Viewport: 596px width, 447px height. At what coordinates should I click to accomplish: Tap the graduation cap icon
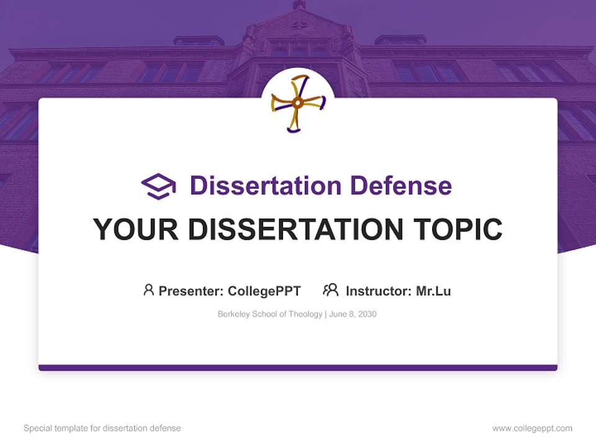pyautogui.click(x=158, y=186)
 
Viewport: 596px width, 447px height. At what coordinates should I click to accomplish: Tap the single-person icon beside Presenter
pyautogui.click(x=148, y=290)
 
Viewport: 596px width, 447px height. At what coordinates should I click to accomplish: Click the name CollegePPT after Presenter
pyautogui.click(x=264, y=291)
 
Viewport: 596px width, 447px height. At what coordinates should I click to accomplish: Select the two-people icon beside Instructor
pyautogui.click(x=331, y=290)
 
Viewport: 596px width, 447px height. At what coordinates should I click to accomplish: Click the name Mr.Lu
pyautogui.click(x=433, y=291)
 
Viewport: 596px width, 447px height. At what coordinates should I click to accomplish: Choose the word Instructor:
pyautogui.click(x=379, y=291)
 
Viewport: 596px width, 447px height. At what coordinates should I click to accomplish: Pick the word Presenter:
pyautogui.click(x=191, y=291)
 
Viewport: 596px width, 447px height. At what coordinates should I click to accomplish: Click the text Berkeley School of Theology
pyautogui.click(x=269, y=314)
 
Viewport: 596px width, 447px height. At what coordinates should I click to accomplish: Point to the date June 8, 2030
pyautogui.click(x=353, y=314)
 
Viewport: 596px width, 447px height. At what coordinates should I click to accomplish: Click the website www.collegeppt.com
pyautogui.click(x=532, y=428)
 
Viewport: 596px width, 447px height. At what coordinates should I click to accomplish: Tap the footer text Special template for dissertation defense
pyautogui.click(x=102, y=428)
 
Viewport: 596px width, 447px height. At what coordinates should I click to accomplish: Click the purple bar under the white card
pyautogui.click(x=298, y=368)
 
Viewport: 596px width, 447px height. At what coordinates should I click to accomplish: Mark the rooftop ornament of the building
pyautogui.click(x=299, y=5)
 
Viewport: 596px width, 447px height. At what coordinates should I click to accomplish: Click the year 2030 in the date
pyautogui.click(x=367, y=314)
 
